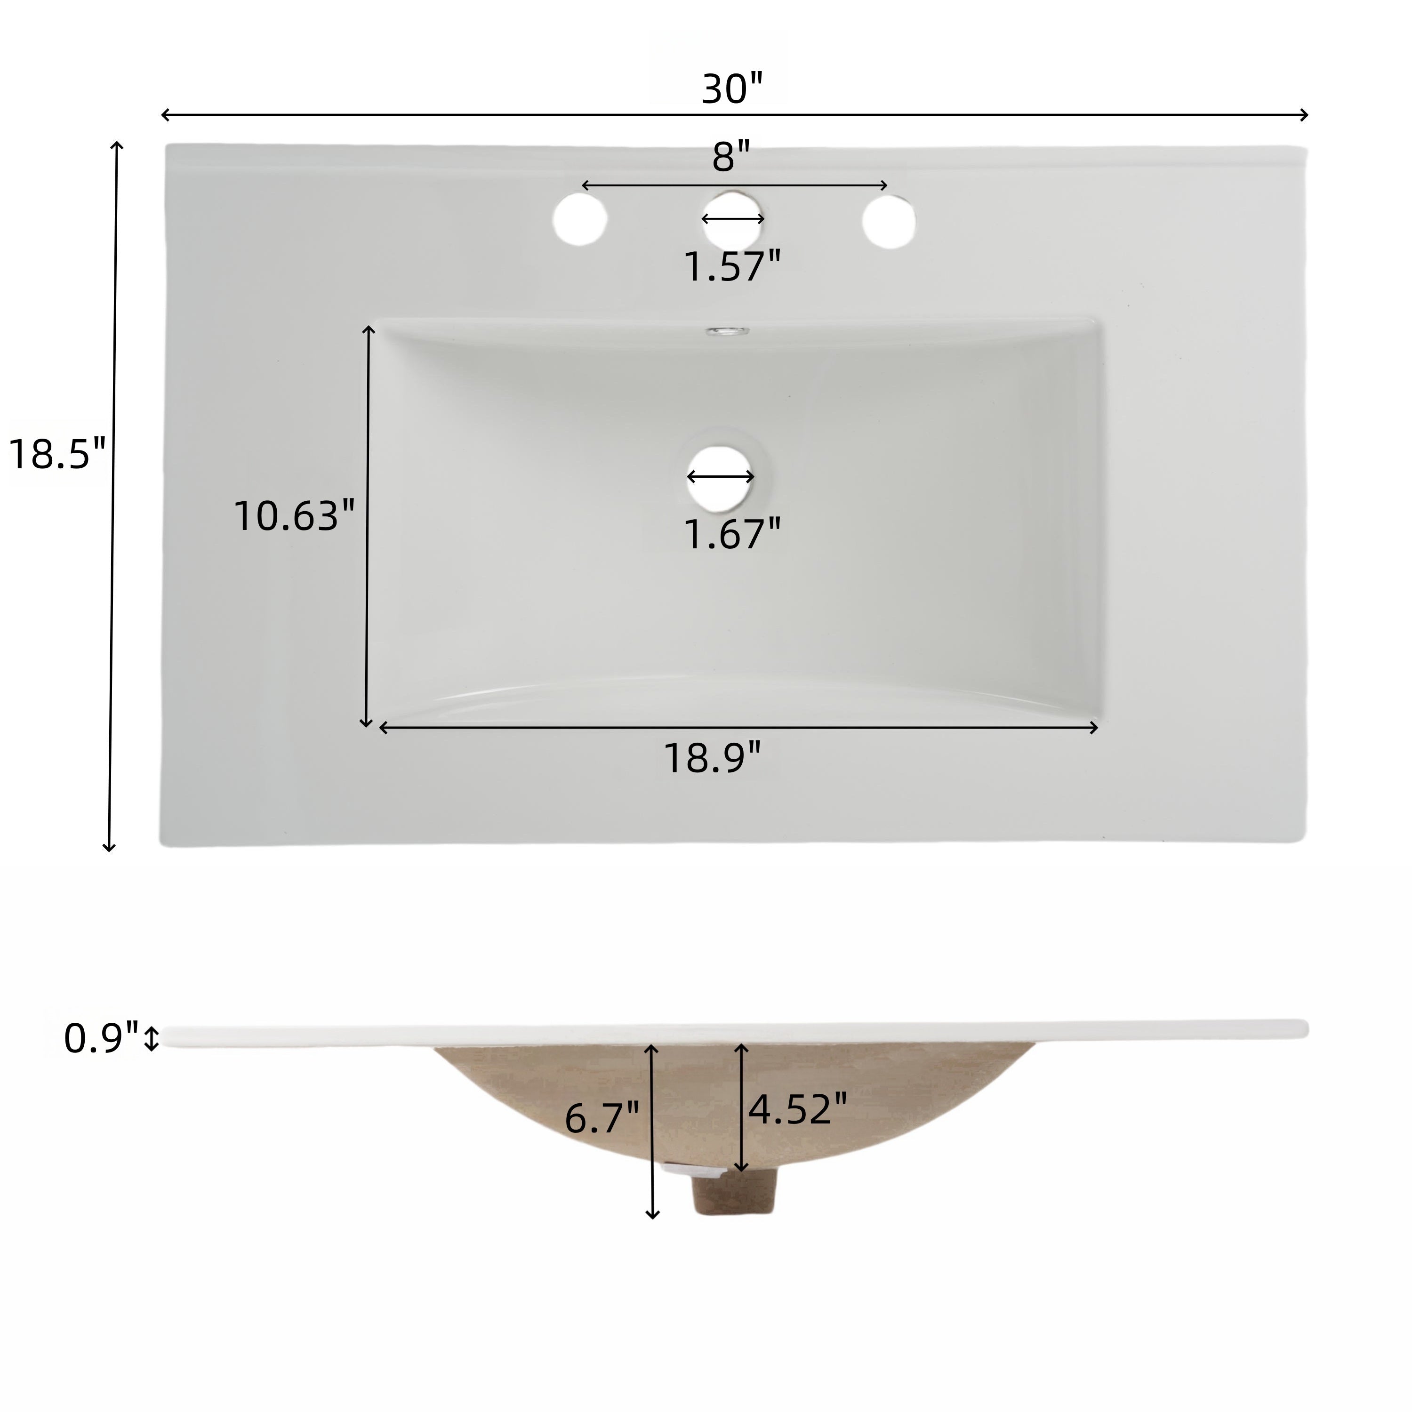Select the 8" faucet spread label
click(731, 158)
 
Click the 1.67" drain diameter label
click(731, 534)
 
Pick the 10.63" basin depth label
click(294, 516)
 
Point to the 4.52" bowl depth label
click(797, 1109)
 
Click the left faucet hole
click(580, 219)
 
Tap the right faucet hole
click(889, 220)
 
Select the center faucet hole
click(733, 219)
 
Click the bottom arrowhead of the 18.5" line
click(109, 847)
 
